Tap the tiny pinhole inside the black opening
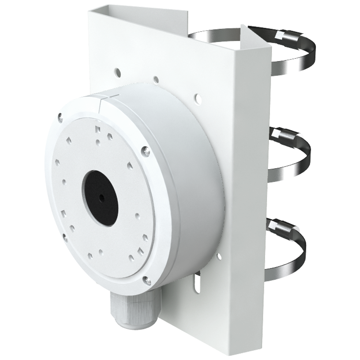coord(102,197)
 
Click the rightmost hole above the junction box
coord(197,96)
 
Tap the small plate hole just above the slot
coord(219,256)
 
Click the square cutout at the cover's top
coord(96,129)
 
